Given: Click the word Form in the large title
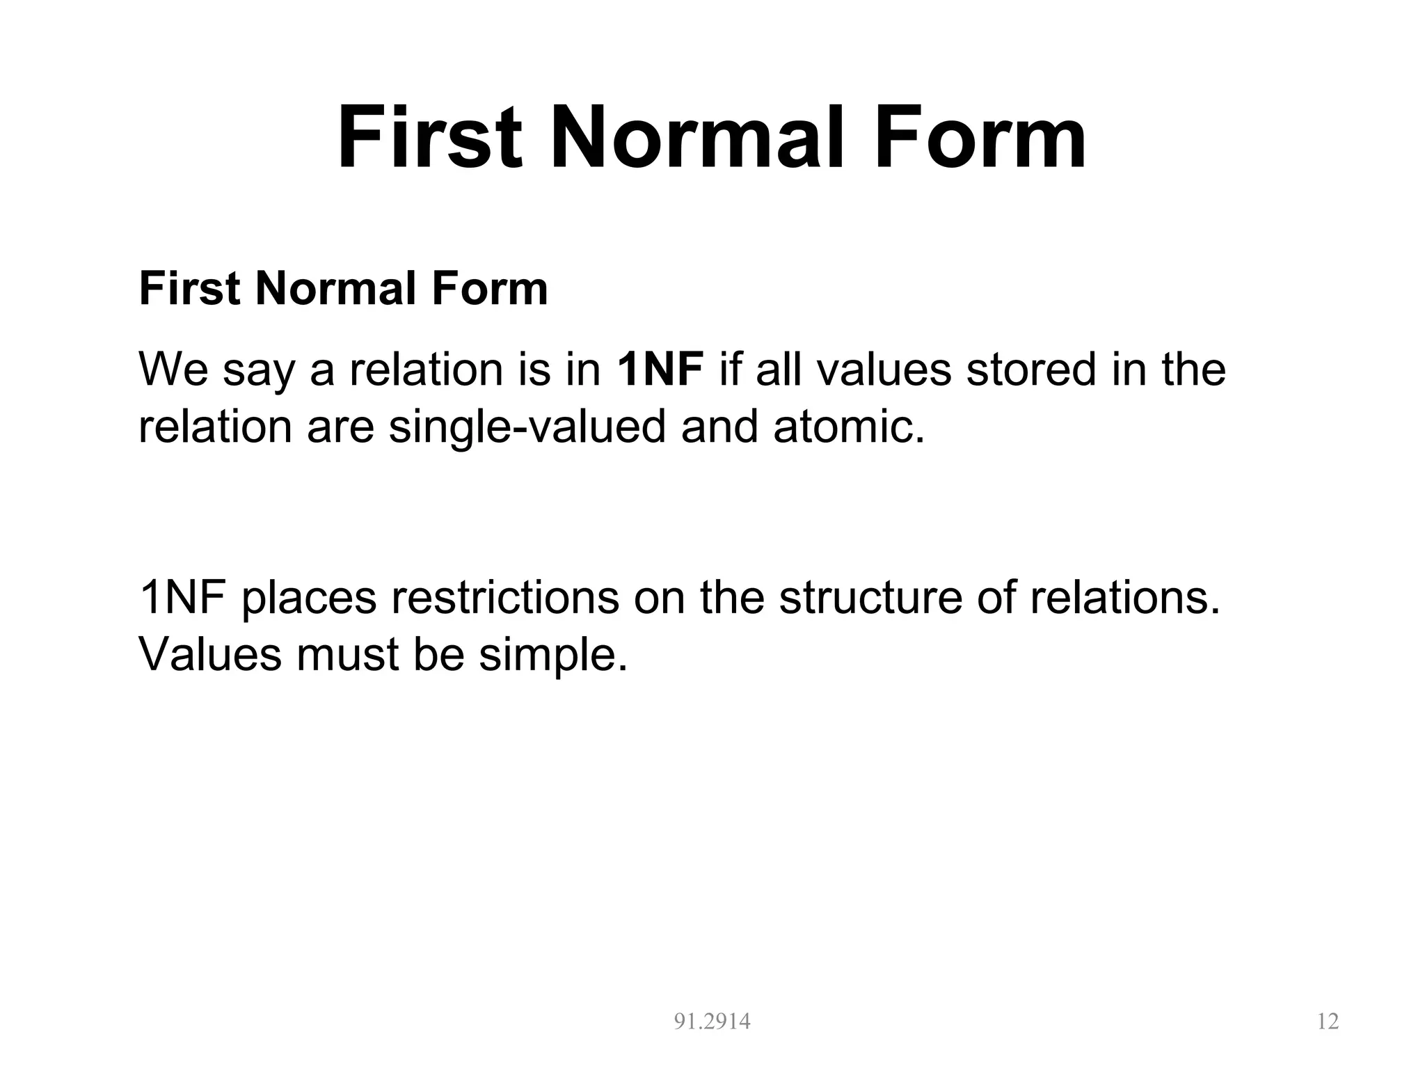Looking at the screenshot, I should click(980, 136).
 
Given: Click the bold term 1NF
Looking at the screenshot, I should click(660, 369).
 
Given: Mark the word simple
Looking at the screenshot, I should click(553, 654).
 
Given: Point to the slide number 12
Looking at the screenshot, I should click(1328, 1021).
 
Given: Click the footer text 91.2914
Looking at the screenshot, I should click(712, 1021).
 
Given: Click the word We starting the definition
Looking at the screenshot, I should click(173, 369).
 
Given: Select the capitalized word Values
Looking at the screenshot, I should click(210, 654).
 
